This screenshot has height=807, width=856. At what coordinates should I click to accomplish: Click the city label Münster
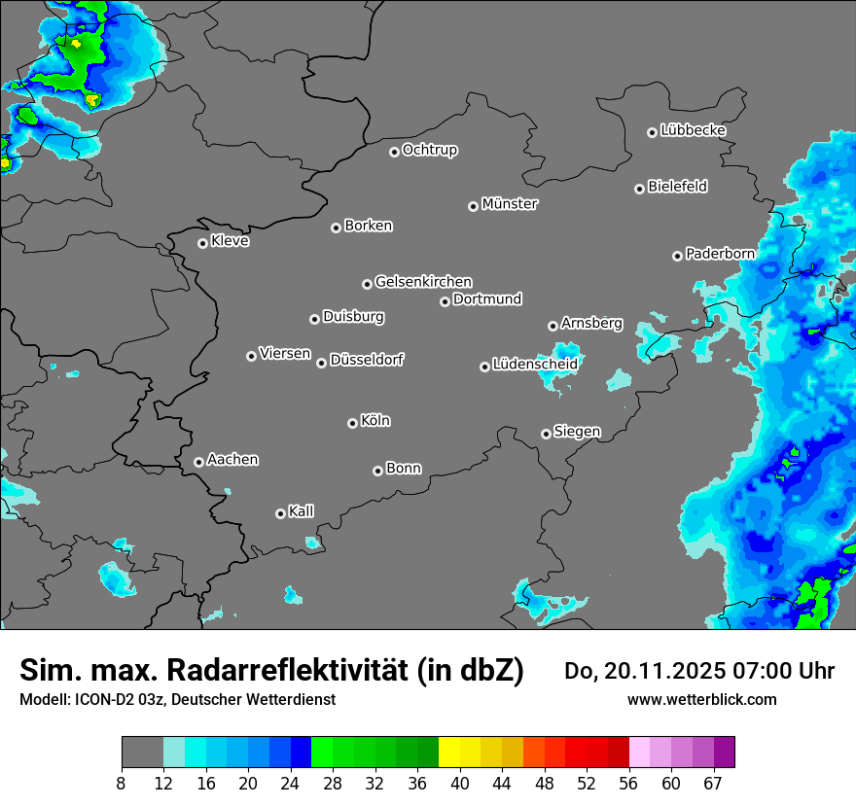tap(510, 204)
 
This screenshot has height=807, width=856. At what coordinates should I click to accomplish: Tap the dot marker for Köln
tap(352, 423)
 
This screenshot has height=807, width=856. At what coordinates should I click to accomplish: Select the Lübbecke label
tap(693, 130)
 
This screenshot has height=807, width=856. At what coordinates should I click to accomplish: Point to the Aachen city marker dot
tap(198, 462)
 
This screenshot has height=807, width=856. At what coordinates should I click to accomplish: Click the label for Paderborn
tap(720, 254)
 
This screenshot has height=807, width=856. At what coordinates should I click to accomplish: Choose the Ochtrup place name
tap(429, 150)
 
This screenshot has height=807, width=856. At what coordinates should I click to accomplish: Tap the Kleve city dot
tap(202, 243)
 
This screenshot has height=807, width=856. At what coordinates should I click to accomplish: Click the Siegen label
tap(577, 432)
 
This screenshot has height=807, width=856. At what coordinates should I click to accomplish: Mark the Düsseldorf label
tap(366, 360)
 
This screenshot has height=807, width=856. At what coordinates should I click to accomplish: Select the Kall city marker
tap(280, 513)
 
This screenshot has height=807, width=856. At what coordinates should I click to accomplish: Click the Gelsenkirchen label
tap(423, 282)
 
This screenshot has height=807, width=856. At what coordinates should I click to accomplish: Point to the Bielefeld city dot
tap(639, 189)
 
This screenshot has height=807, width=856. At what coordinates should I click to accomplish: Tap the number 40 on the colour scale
tap(460, 783)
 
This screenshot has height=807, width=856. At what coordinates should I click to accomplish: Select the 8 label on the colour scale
tap(122, 783)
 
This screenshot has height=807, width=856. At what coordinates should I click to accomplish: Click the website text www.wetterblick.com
tap(701, 699)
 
